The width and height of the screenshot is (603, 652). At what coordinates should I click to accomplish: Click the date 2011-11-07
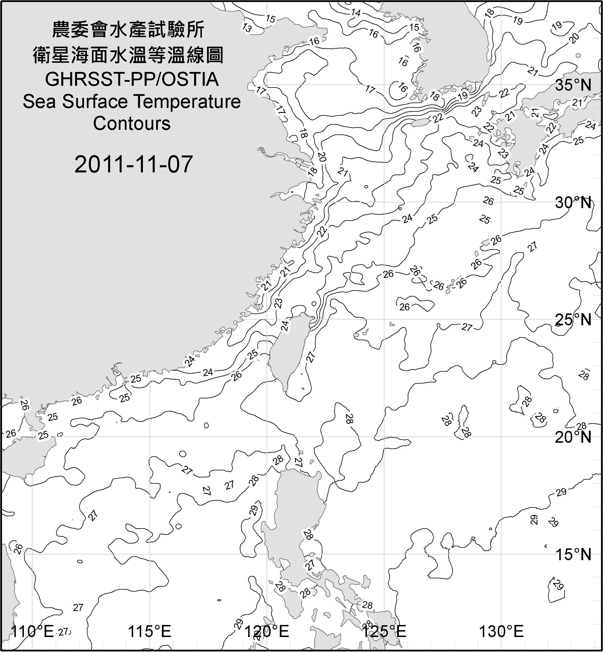click(133, 164)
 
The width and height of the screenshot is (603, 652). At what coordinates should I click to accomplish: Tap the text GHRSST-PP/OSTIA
click(132, 79)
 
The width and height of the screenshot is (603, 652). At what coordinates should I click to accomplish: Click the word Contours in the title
click(132, 123)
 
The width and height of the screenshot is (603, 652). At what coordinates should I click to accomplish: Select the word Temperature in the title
click(187, 102)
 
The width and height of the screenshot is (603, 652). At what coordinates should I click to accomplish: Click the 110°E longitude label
click(32, 632)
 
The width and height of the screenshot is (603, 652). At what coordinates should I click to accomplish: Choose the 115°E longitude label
click(150, 632)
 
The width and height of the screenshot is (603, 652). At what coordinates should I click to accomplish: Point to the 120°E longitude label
click(267, 632)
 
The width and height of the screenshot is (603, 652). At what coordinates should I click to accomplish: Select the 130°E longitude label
click(501, 632)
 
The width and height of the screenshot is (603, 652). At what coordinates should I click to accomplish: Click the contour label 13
click(247, 28)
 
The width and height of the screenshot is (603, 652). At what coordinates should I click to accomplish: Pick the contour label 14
click(356, 13)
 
